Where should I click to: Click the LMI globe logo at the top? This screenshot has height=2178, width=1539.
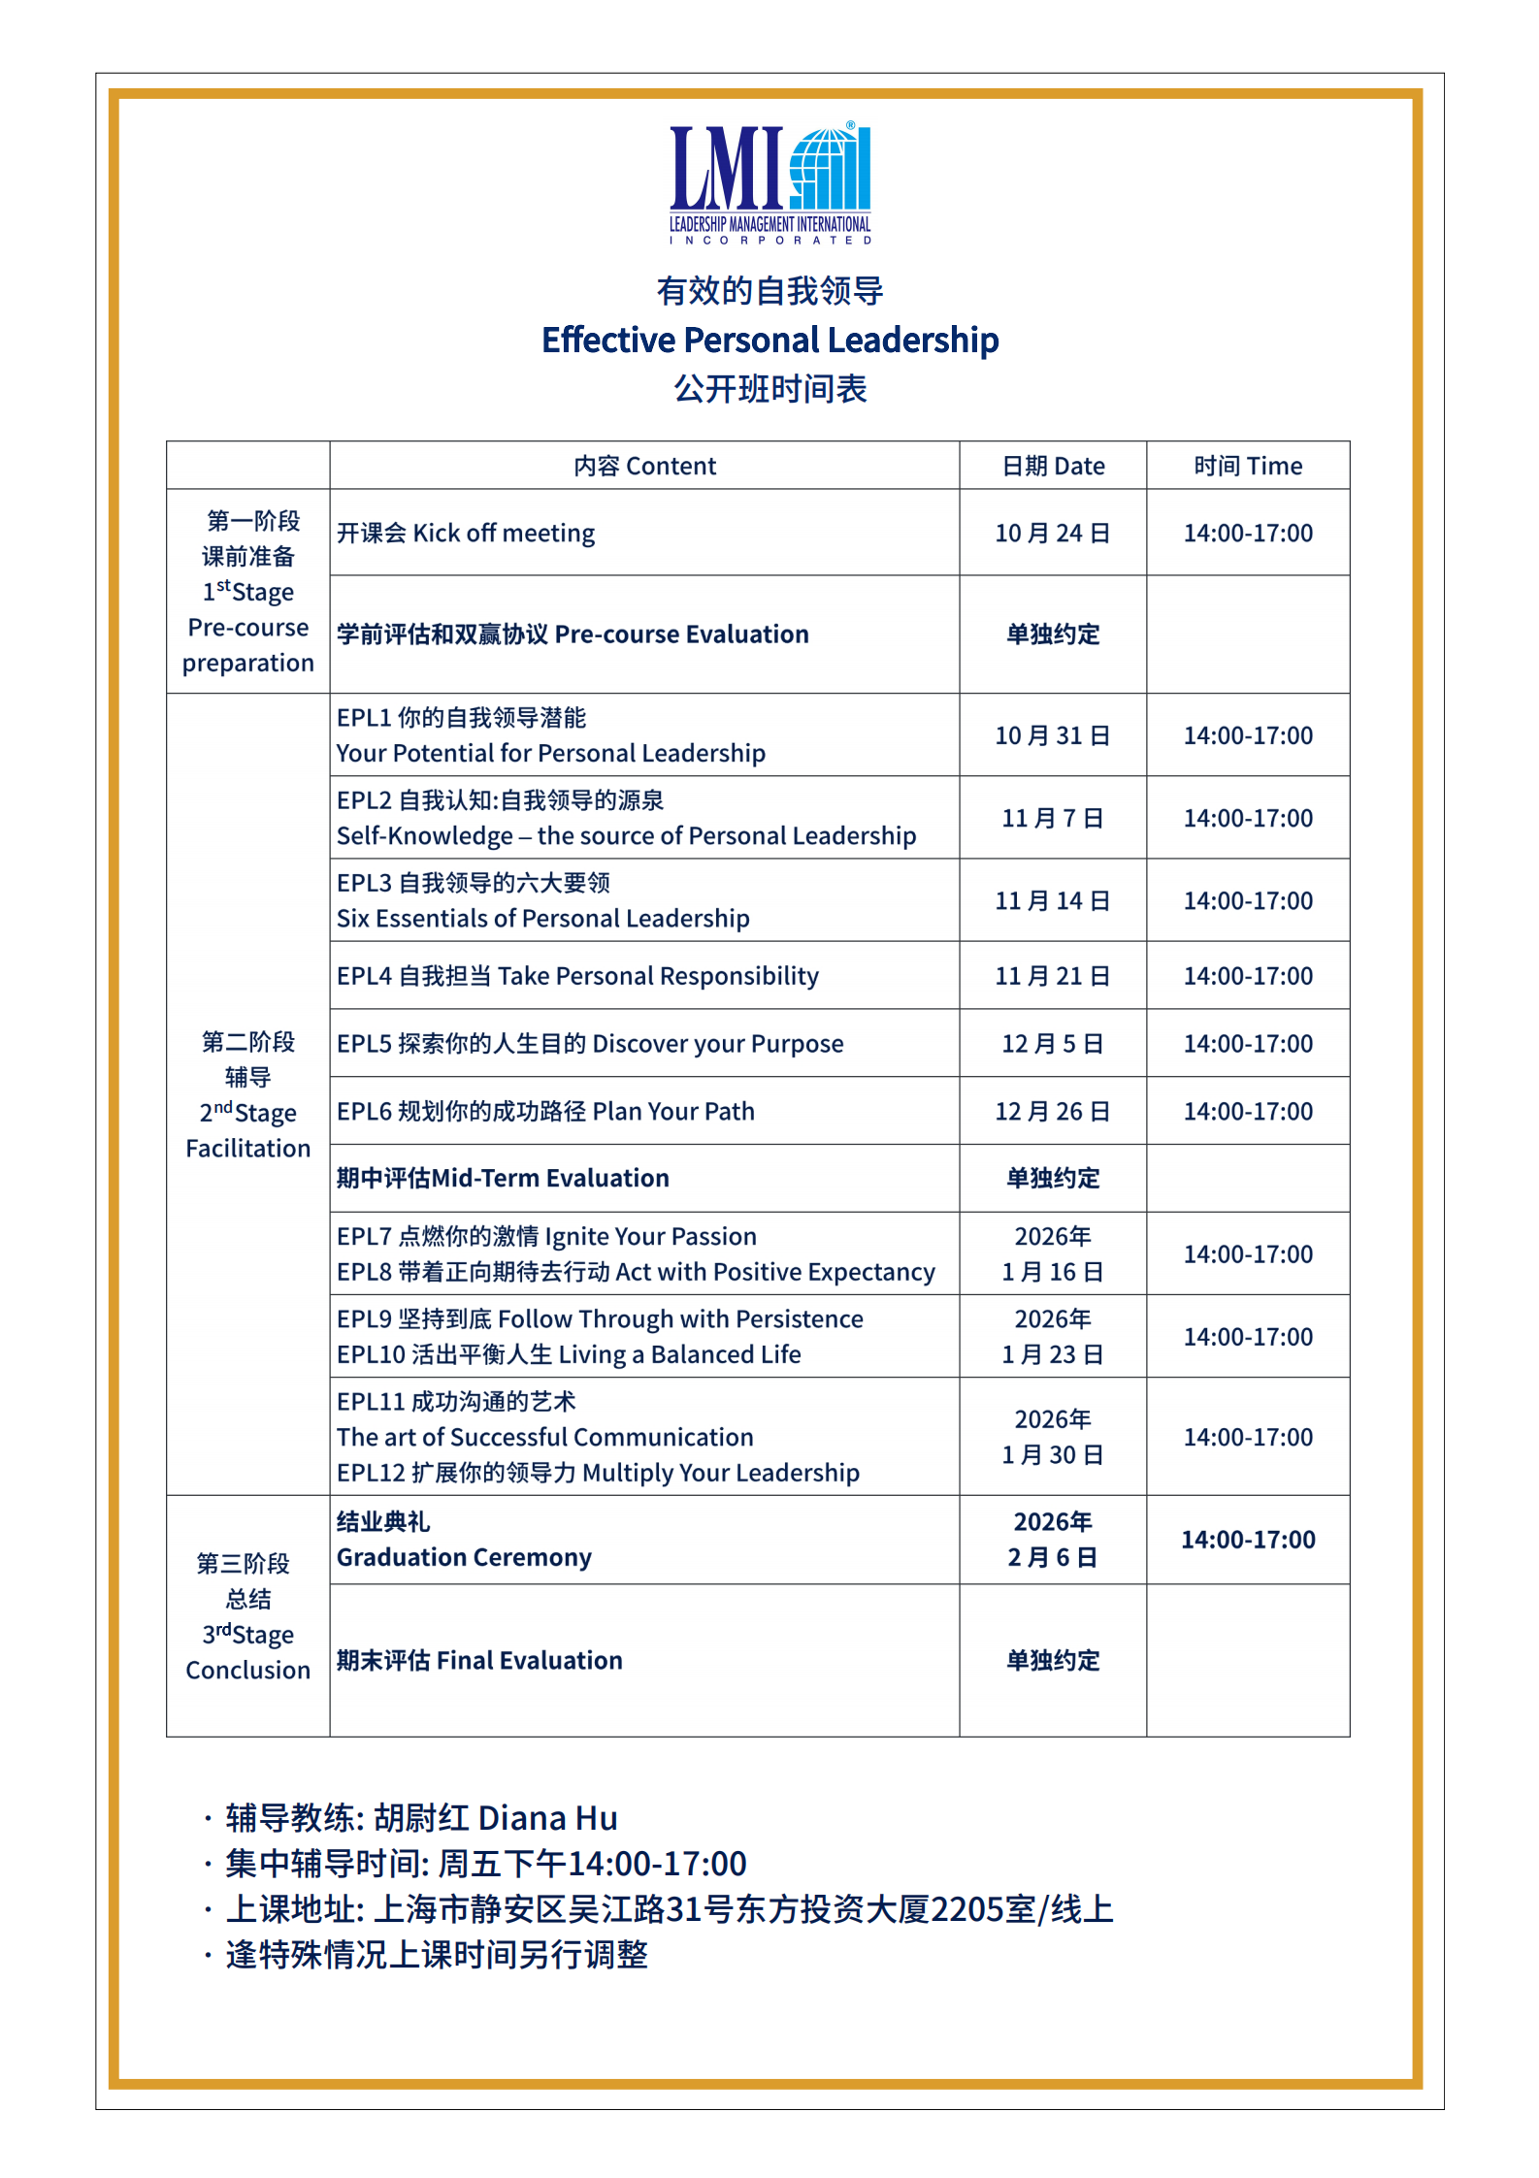click(769, 181)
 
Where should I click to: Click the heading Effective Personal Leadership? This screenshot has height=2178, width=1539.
click(769, 341)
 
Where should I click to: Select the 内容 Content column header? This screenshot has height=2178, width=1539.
click(644, 467)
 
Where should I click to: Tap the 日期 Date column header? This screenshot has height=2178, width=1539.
click(1053, 467)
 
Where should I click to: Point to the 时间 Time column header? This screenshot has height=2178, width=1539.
click(1248, 467)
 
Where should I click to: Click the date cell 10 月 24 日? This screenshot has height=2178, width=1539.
click(1053, 534)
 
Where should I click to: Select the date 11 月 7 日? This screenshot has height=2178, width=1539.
click(1053, 819)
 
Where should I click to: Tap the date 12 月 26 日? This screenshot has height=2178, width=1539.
click(1053, 1112)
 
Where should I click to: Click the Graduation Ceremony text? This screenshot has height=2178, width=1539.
click(464, 1557)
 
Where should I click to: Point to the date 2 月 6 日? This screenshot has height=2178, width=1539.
click(1053, 1557)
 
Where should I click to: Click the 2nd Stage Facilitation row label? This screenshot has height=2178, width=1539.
click(247, 1094)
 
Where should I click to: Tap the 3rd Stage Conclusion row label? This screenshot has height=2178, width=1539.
click(247, 1616)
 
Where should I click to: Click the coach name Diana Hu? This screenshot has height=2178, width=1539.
click(547, 1818)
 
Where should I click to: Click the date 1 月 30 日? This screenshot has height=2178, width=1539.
click(1053, 1455)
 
